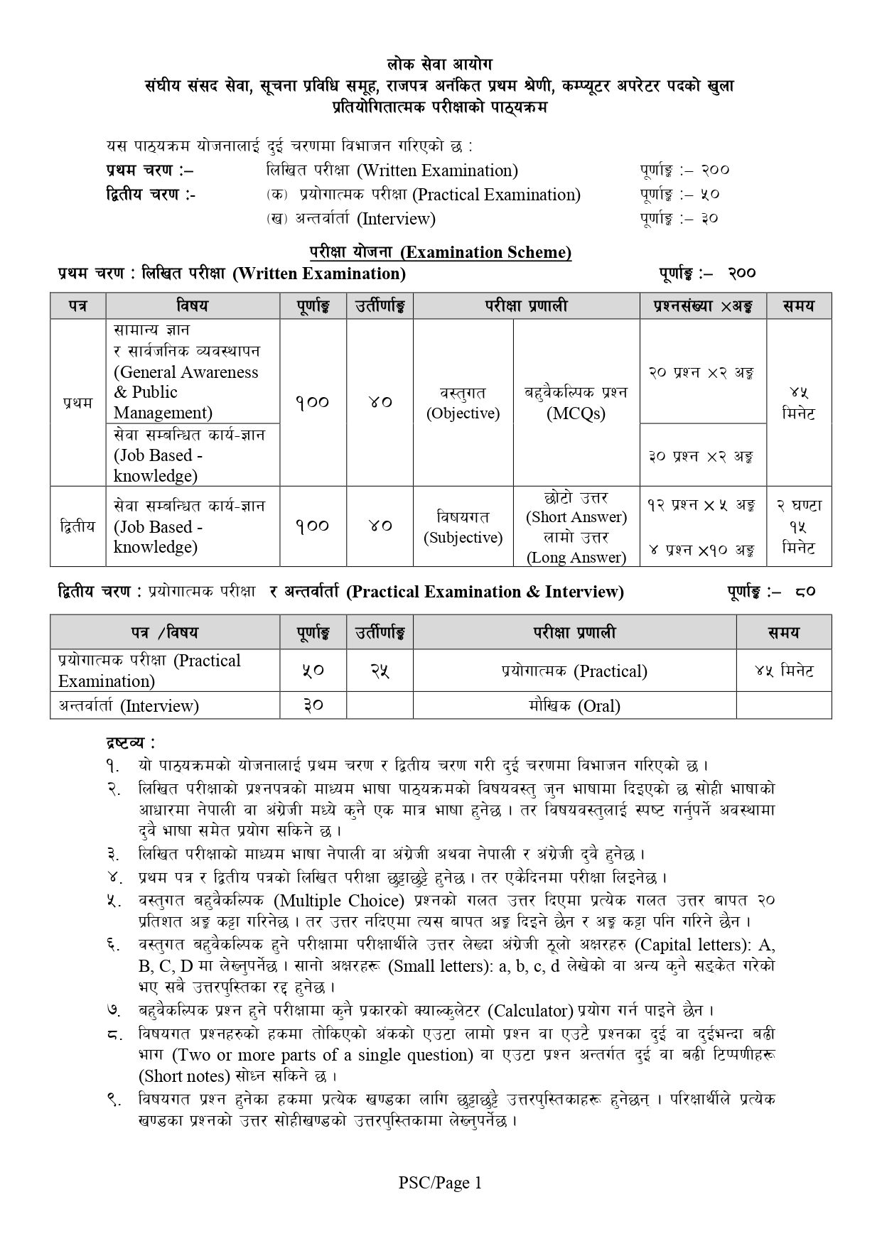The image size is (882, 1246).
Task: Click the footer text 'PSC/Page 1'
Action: point(440,1183)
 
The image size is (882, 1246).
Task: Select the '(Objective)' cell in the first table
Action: point(463,413)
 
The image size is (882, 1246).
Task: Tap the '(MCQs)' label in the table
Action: point(576,413)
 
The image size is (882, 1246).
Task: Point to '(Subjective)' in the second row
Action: point(463,538)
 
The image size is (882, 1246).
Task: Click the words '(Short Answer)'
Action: point(576,517)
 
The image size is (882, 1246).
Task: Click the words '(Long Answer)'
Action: point(576,558)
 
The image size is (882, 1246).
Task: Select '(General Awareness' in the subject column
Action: point(186,372)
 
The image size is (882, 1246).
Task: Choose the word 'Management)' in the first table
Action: point(163,413)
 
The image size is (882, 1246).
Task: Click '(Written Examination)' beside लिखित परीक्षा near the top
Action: point(437,170)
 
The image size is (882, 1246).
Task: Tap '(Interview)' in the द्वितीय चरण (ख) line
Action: point(397,219)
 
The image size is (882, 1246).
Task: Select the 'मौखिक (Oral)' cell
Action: point(574,706)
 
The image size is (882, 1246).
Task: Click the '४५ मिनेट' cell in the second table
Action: point(784,671)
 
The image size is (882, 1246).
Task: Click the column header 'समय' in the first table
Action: point(798,306)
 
